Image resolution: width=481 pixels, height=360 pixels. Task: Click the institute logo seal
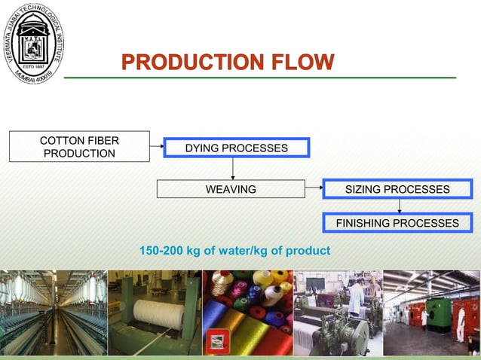[x=33, y=43]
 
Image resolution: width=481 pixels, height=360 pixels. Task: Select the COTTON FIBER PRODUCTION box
[x=79, y=147]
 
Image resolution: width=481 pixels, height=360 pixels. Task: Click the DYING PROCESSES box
[x=237, y=148]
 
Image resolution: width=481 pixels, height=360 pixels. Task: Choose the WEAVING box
[x=231, y=189]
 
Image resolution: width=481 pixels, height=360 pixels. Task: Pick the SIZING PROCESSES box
[x=397, y=189]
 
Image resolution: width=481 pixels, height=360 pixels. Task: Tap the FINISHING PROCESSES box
[x=397, y=223]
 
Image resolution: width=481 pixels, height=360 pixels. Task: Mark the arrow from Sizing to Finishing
[x=400, y=206]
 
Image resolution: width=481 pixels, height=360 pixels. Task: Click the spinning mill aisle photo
[x=53, y=312]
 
